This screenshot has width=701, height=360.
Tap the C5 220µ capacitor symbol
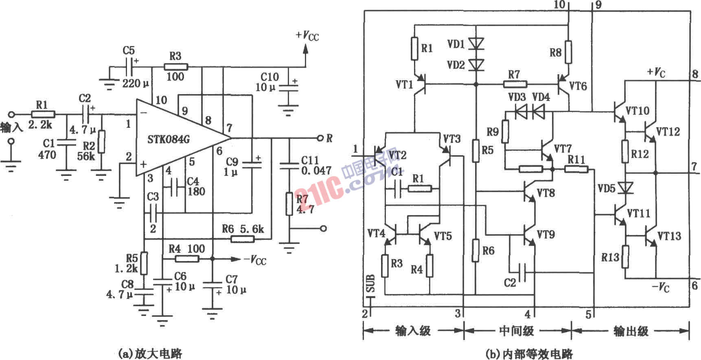tap(131, 66)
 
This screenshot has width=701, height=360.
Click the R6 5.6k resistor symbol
tap(243, 239)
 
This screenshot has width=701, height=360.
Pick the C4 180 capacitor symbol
tap(175, 187)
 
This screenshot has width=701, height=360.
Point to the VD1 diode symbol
tap(475, 43)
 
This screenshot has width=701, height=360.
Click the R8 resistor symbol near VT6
tap(568, 52)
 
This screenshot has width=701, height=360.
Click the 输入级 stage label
tap(413, 330)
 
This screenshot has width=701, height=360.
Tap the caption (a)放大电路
tap(150, 353)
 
